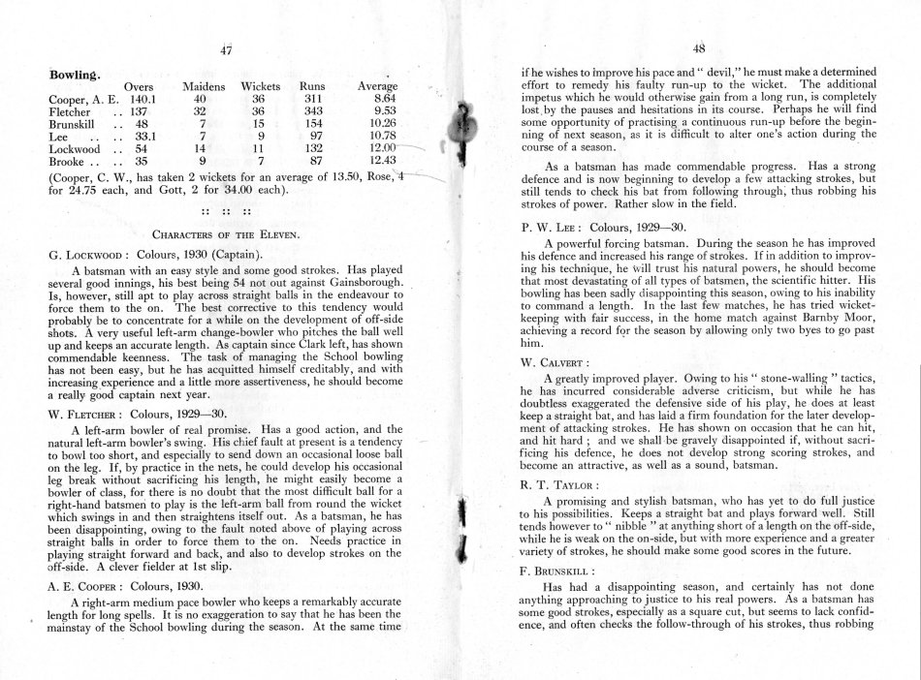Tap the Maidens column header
pos(204,86)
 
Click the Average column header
pos(377,86)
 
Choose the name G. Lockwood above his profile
pos(90,254)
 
